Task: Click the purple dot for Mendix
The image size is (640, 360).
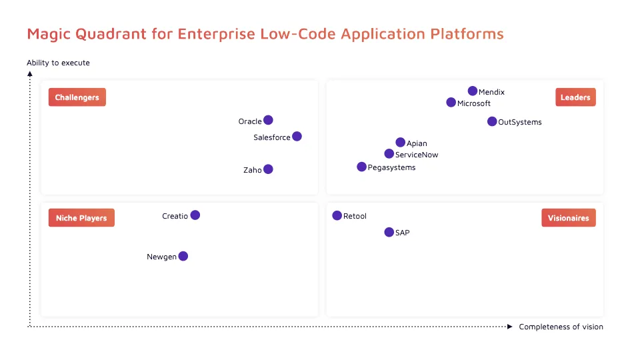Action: click(473, 91)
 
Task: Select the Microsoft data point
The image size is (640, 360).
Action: click(451, 103)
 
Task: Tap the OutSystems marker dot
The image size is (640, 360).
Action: click(492, 121)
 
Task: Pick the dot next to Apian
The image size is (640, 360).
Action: click(400, 142)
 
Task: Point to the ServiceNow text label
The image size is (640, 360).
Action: click(417, 155)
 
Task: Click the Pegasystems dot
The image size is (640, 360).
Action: click(361, 167)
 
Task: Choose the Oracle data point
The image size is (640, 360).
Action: click(268, 120)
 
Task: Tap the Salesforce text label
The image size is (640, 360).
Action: click(272, 137)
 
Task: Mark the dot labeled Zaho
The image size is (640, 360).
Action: click(268, 169)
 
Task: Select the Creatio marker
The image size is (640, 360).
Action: click(195, 215)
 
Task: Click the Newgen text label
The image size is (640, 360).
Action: click(161, 257)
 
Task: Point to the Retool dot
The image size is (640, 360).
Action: click(337, 215)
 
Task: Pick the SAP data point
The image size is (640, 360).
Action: click(389, 232)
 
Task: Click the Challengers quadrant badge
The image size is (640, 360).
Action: click(77, 97)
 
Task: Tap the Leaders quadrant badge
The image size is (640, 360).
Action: click(575, 97)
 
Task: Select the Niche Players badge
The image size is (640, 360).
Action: click(81, 218)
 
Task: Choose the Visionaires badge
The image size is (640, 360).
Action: click(568, 218)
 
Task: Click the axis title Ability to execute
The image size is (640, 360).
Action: click(58, 63)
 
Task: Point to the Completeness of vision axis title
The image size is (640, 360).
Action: click(561, 327)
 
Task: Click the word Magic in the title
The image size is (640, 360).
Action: click(47, 33)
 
